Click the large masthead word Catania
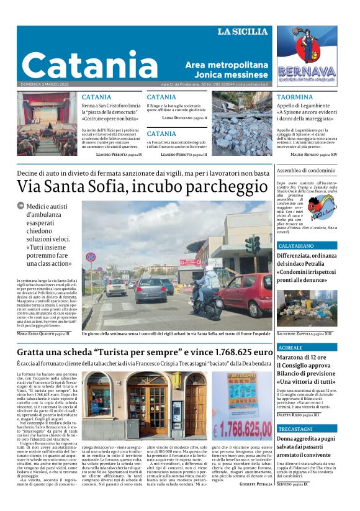[90, 64]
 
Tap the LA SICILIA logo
[243, 32]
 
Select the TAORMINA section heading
[295, 97]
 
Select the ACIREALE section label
[290, 348]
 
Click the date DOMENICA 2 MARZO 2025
[47, 84]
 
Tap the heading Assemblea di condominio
[305, 170]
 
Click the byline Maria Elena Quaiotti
[38, 333]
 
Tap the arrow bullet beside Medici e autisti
[21, 206]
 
